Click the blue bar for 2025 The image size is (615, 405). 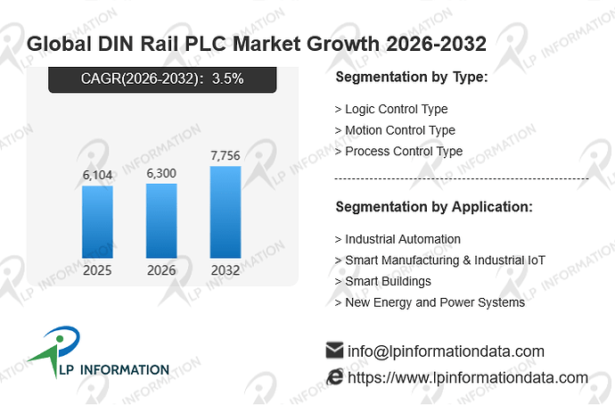pyautogui.click(x=97, y=222)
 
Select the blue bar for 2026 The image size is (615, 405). pyautogui.click(x=161, y=221)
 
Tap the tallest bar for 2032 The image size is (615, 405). pyautogui.click(x=225, y=212)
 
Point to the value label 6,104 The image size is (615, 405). pyautogui.click(x=97, y=175)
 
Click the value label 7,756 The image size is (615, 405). pyautogui.click(x=225, y=156)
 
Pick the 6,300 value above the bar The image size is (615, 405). pyautogui.click(x=161, y=173)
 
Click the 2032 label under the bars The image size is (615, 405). pyautogui.click(x=225, y=270)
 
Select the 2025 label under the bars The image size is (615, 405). pyautogui.click(x=97, y=270)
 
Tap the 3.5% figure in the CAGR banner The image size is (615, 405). pyautogui.click(x=227, y=79)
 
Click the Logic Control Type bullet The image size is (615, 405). pyautogui.click(x=391, y=109)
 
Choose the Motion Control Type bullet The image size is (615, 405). pyautogui.click(x=395, y=130)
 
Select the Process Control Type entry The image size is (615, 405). pyautogui.click(x=398, y=152)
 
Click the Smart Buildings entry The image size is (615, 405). pyautogui.click(x=382, y=281)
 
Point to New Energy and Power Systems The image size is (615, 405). pyautogui.click(x=430, y=302)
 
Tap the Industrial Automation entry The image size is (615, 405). pyautogui.click(x=398, y=239)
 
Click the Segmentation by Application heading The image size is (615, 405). pyautogui.click(x=434, y=207)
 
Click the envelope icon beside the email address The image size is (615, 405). pyautogui.click(x=334, y=350)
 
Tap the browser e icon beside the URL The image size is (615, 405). pyautogui.click(x=334, y=376)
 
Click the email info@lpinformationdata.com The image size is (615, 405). pyautogui.click(x=446, y=351)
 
